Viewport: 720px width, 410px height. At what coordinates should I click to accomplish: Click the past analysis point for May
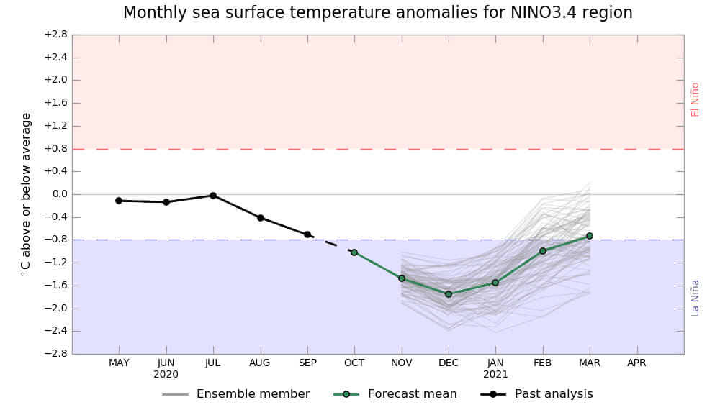(119, 201)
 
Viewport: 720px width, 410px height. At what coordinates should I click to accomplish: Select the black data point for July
(213, 196)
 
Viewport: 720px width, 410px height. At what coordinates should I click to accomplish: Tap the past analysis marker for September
(307, 234)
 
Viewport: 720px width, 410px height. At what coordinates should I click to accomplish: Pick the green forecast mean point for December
(449, 294)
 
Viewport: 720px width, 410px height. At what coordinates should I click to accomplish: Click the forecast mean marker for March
(590, 236)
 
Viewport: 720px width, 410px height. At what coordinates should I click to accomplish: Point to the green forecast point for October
(354, 252)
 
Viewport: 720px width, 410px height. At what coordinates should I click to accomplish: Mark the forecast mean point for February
(543, 251)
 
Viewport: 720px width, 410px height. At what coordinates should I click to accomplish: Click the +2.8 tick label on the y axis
(55, 35)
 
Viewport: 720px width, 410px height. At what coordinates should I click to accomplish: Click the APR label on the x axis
(636, 363)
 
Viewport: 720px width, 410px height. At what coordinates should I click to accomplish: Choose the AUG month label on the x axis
(260, 363)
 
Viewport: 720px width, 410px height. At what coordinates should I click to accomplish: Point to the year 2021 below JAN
(495, 375)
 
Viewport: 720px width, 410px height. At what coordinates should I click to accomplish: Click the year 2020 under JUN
(166, 375)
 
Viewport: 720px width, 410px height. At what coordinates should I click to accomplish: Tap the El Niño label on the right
(696, 99)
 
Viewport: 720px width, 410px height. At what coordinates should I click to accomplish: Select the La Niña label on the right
(696, 297)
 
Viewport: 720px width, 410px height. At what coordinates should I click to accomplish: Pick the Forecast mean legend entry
(412, 394)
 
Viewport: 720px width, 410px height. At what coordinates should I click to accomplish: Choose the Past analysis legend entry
(554, 394)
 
